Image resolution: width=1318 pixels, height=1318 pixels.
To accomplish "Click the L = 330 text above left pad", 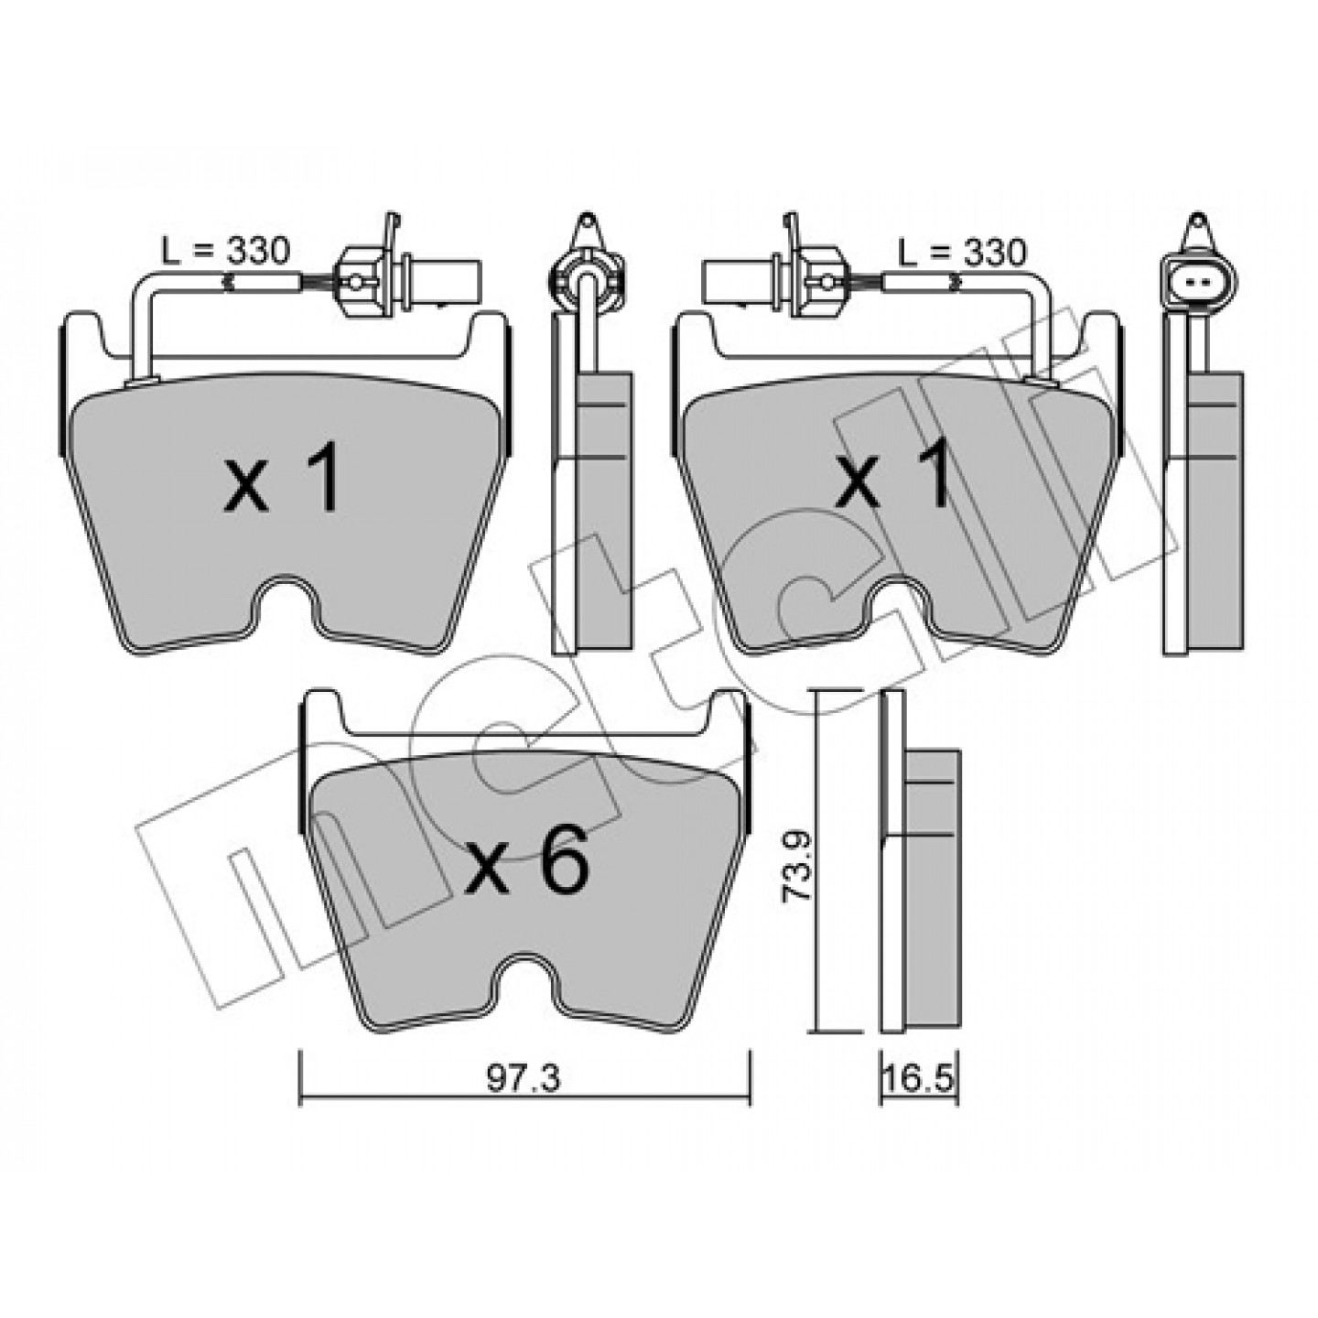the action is pyautogui.click(x=226, y=253).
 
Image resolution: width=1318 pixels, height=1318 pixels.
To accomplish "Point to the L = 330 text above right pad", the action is pyautogui.click(x=962, y=253).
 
